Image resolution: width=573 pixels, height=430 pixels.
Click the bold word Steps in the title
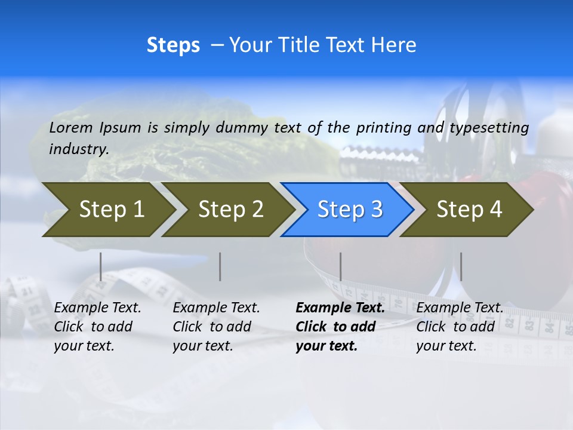[x=173, y=45]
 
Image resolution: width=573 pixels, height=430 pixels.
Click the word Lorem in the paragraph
[x=71, y=128]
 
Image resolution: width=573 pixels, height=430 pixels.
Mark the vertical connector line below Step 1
[x=100, y=266]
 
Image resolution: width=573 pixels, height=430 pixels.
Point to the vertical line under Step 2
[x=220, y=266]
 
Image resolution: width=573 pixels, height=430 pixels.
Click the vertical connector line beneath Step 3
[x=340, y=266]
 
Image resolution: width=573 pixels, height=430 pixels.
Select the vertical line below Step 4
[x=461, y=266]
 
